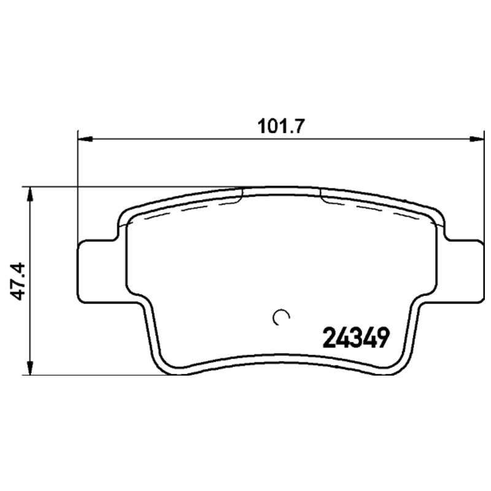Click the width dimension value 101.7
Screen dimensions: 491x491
click(279, 125)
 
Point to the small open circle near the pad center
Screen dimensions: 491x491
click(280, 317)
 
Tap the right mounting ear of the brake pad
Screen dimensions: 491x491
click(463, 271)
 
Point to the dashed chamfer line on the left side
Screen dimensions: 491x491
click(184, 209)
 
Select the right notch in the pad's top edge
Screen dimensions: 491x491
click(321, 193)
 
